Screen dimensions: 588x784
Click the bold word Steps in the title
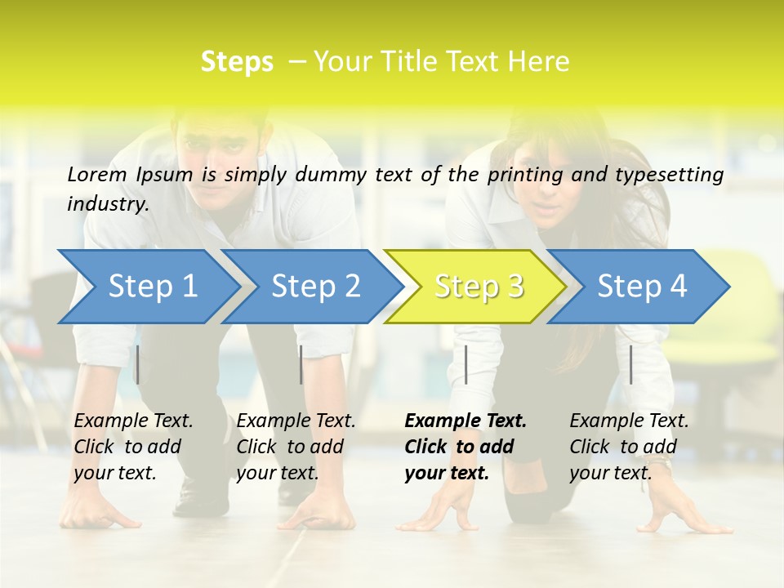pos(237,62)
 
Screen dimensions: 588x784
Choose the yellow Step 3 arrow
pos(478,286)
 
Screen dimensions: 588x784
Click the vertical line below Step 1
pos(137,364)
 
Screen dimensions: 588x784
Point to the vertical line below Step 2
pos(301,364)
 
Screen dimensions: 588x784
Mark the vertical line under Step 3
pos(465,364)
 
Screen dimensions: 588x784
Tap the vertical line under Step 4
pos(630,364)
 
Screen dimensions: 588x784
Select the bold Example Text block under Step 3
pos(465,447)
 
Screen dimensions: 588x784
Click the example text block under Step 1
pos(133,447)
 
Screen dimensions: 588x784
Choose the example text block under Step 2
pos(296,447)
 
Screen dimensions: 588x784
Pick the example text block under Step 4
pos(629,447)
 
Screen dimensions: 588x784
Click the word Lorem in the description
pos(97,174)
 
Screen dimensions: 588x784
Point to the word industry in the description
pos(107,204)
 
